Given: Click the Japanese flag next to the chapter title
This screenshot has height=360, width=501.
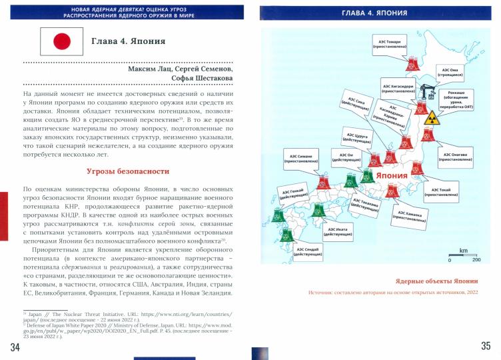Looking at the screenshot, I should pyautogui.click(x=61, y=42).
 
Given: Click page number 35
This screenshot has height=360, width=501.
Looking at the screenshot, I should pyautogui.click(x=485, y=345).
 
